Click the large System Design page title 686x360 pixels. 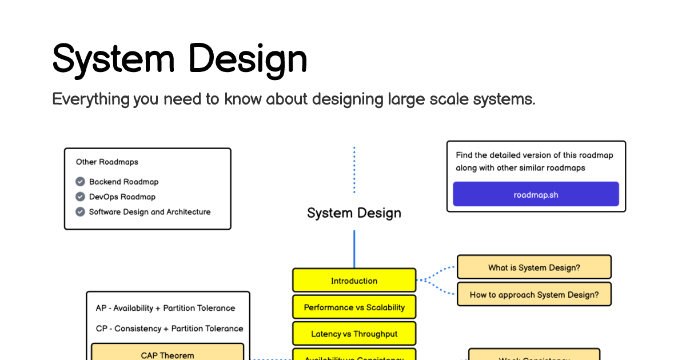point(180,58)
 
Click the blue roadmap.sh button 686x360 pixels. point(536,194)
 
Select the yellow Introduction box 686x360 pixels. point(354,281)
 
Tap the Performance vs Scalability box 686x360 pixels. point(354,307)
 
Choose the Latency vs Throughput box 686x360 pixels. point(354,334)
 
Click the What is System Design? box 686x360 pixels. point(534,267)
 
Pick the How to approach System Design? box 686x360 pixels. point(534,295)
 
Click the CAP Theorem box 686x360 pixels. point(167,354)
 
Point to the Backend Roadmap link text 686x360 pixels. point(123,182)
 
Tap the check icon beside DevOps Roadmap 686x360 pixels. point(80,197)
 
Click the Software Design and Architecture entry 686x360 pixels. point(150,212)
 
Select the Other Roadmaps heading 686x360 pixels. point(107,162)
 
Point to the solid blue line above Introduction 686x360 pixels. point(354,249)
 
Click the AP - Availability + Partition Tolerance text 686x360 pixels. point(165,308)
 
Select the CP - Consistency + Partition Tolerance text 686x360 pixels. point(169,329)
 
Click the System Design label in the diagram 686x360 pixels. point(354,213)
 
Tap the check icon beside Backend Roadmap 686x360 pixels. point(80,182)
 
